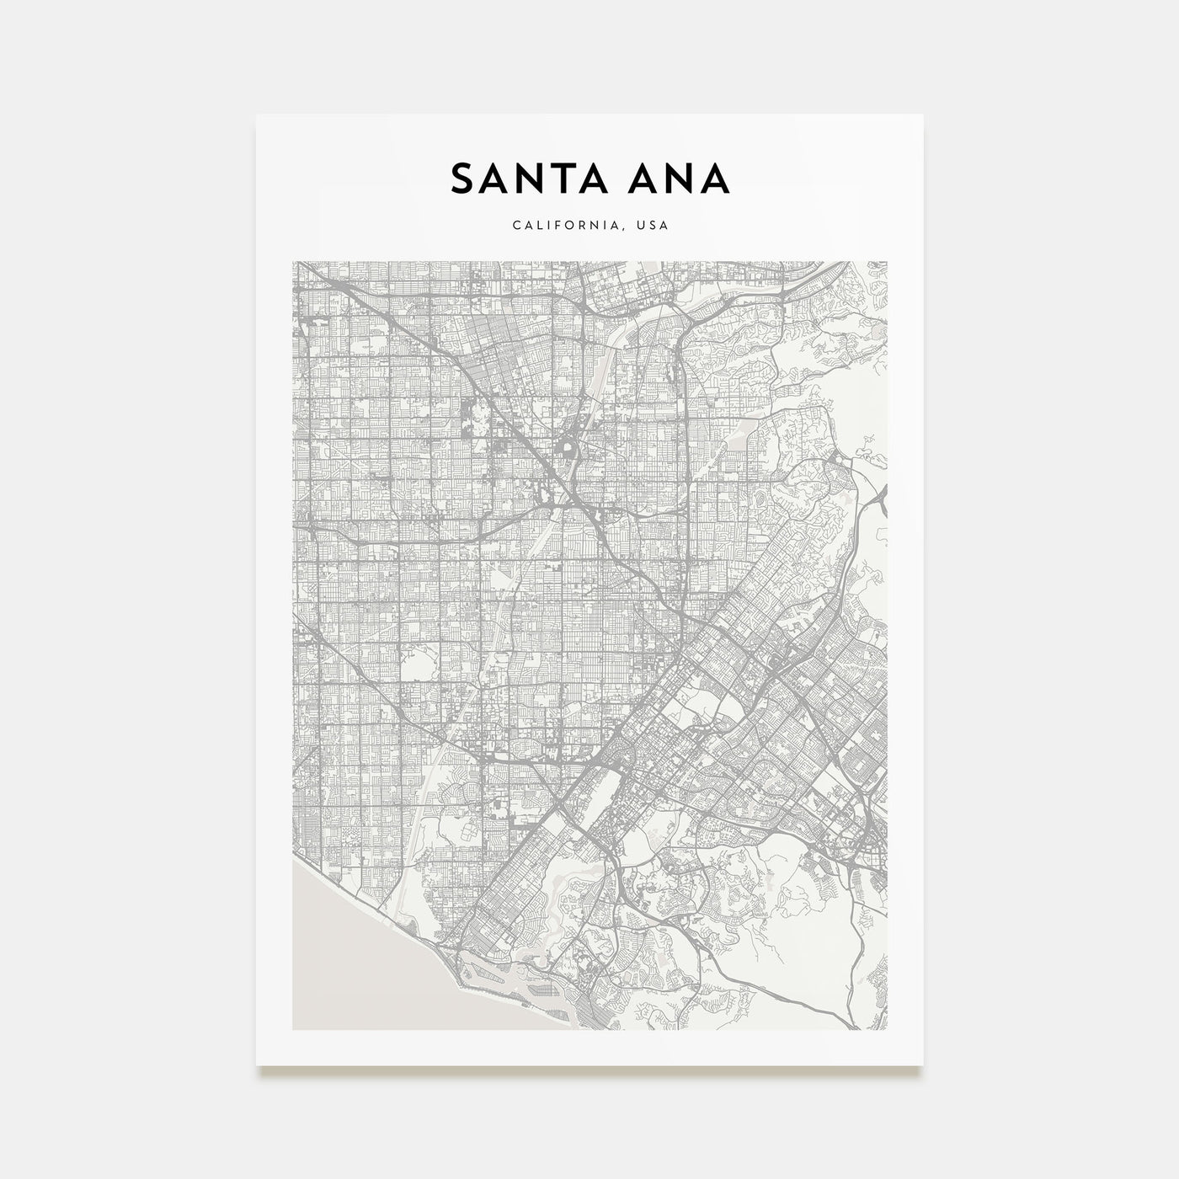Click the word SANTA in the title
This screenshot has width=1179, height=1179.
click(523, 179)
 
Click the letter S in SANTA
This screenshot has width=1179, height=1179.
click(461, 179)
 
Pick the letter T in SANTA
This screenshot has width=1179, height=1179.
click(553, 179)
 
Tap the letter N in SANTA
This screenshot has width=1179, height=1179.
click(521, 179)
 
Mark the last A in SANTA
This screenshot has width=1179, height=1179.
click(585, 179)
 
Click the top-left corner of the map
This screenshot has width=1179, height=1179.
click(293, 262)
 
